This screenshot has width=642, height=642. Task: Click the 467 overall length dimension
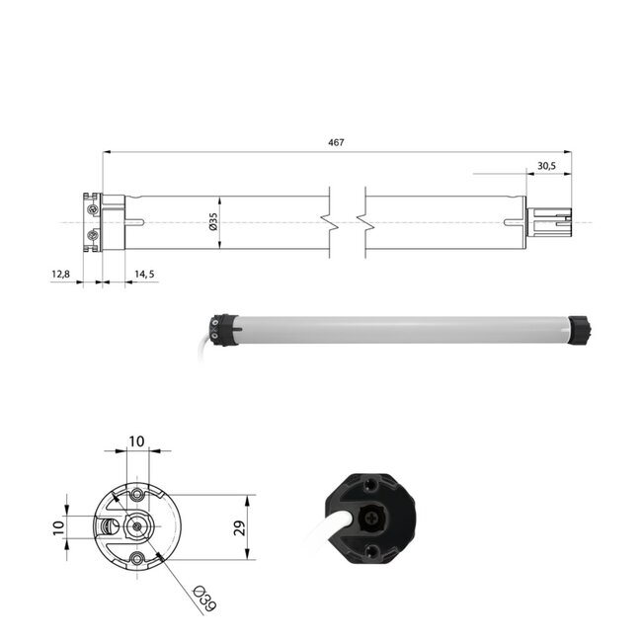tap(336, 143)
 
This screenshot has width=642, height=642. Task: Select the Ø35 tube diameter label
tap(212, 222)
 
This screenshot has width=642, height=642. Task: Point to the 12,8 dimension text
tap(61, 274)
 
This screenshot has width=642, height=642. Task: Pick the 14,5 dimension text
tap(144, 274)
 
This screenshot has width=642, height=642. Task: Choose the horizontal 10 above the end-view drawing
tap(135, 441)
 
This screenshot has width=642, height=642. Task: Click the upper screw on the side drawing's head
tap(93, 209)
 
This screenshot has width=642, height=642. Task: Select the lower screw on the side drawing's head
tap(93, 235)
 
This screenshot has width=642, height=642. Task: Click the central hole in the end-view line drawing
tap(135, 525)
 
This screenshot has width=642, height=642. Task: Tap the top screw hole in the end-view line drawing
tap(136, 491)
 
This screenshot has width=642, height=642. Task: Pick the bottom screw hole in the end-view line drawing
tap(136, 559)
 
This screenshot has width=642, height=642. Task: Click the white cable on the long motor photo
tap(207, 346)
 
